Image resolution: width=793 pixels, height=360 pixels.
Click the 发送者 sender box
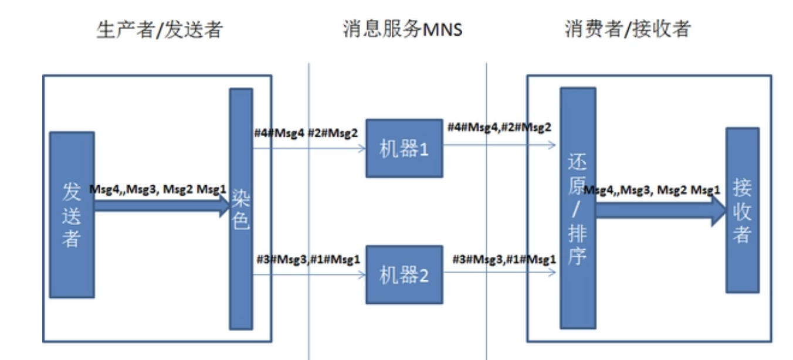(72, 215)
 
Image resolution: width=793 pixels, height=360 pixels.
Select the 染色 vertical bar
(240, 209)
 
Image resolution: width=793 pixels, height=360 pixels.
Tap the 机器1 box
(404, 148)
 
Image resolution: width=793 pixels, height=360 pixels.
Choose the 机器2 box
(404, 274)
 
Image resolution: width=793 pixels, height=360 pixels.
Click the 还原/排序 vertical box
(578, 208)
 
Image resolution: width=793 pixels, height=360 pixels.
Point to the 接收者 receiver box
(742, 210)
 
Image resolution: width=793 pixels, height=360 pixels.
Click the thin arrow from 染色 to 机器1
(309, 148)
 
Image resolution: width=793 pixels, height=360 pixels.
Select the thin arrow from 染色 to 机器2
(309, 274)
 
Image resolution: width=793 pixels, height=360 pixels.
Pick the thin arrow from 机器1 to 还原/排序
(499, 144)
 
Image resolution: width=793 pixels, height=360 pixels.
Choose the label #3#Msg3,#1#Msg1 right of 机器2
(503, 259)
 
